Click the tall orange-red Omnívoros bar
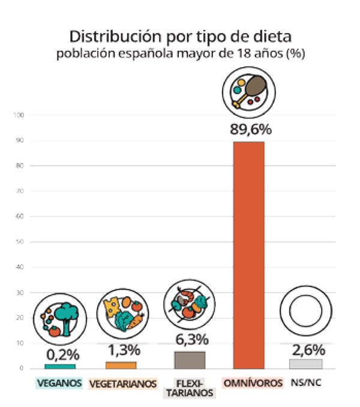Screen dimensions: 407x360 tap(248, 255)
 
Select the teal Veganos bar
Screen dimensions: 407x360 tap(60, 366)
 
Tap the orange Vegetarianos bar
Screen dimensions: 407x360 tap(121, 364)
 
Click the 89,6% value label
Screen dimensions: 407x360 tap(248, 129)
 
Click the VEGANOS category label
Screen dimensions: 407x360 tap(59, 382)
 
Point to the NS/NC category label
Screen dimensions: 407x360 tap(306, 382)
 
